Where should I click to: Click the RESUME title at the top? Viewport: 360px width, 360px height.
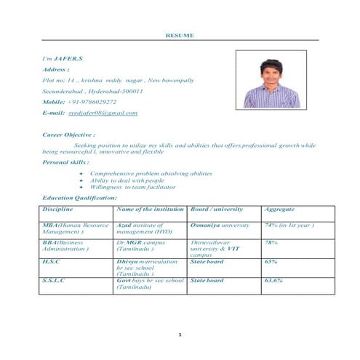click(179, 34)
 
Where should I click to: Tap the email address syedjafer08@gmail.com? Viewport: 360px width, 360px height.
click(103, 113)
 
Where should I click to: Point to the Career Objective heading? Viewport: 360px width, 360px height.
click(69, 135)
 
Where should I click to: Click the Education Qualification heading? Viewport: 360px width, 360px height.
click(79, 198)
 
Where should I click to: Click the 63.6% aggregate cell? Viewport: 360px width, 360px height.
click(273, 279)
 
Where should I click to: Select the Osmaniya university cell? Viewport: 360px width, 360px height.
click(220, 225)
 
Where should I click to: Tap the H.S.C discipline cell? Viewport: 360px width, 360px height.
click(52, 260)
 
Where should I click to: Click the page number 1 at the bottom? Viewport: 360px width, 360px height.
click(179, 335)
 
